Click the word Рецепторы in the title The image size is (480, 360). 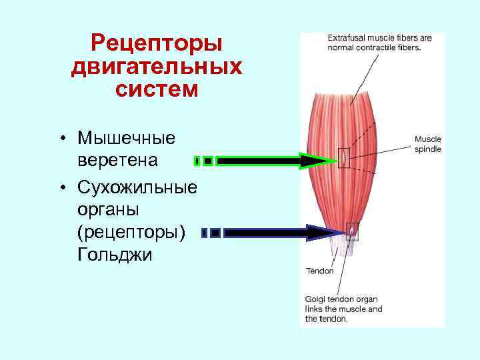pos(156,45)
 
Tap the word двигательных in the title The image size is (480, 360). pos(156,67)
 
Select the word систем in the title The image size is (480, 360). pos(156,89)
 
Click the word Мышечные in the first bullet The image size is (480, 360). pos(127,138)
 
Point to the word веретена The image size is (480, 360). pos(118,161)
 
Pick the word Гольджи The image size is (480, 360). pos(115,255)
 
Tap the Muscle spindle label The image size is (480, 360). pos(427,145)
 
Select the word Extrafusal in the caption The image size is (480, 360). pos(347,38)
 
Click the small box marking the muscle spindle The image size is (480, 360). pos(343,157)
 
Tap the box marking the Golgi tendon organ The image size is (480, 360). pos(352,231)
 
